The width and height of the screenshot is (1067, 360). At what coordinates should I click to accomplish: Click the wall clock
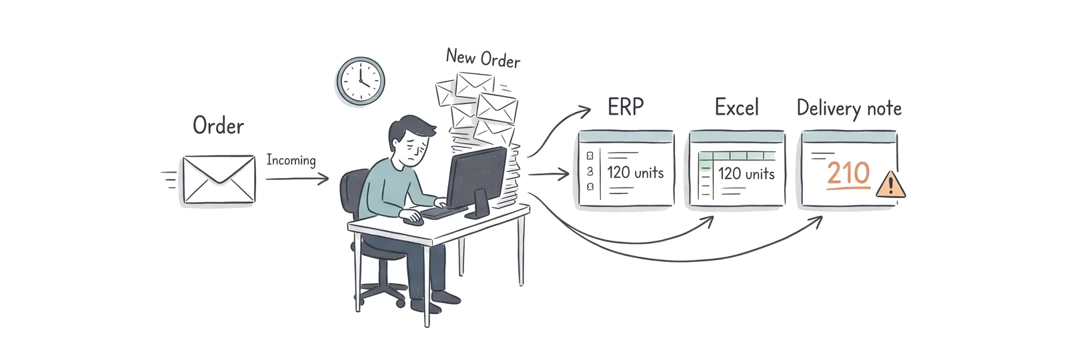point(361,81)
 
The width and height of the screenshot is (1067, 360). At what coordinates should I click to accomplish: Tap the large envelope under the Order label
point(219,179)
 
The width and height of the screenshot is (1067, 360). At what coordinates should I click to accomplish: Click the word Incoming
point(291,160)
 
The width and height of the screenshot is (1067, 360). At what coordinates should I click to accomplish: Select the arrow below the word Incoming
point(297,179)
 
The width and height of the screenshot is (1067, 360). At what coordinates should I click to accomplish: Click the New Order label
point(483,59)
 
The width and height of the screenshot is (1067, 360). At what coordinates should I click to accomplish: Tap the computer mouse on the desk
point(413,219)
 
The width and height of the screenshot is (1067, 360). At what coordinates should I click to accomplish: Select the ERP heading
point(626,107)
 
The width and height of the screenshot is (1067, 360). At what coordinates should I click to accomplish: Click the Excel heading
point(736,107)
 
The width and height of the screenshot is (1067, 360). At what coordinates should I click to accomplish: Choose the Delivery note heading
point(849,109)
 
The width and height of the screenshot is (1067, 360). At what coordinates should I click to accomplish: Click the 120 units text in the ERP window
point(635,173)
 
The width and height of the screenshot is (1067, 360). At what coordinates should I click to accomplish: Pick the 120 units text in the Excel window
point(746,173)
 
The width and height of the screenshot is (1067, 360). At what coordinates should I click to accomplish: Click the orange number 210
point(848,173)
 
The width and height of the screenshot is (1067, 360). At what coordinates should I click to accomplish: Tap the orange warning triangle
point(891,185)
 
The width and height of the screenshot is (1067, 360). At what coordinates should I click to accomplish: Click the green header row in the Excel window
point(736,155)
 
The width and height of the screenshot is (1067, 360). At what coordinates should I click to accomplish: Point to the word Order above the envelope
point(218,126)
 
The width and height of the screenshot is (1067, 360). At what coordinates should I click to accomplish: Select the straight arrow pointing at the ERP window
point(549,174)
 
